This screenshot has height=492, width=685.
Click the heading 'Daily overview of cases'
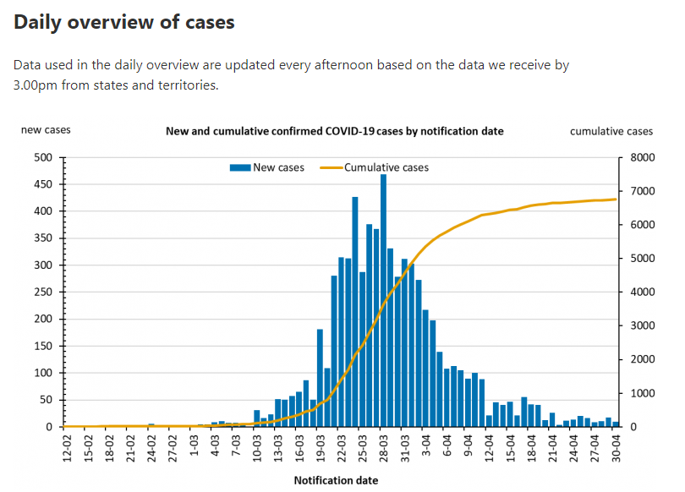[x=124, y=23]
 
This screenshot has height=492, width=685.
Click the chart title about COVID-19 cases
[x=334, y=131]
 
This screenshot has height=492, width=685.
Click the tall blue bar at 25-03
[x=355, y=312]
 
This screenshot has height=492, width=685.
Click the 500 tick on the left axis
[x=43, y=157]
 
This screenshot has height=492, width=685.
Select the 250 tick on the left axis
[x=43, y=292]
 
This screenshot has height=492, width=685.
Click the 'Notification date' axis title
[x=336, y=480]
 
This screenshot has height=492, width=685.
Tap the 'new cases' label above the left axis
[x=46, y=130]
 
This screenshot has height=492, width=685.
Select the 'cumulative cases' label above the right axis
[x=611, y=131]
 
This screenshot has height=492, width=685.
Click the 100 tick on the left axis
[x=43, y=373]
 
